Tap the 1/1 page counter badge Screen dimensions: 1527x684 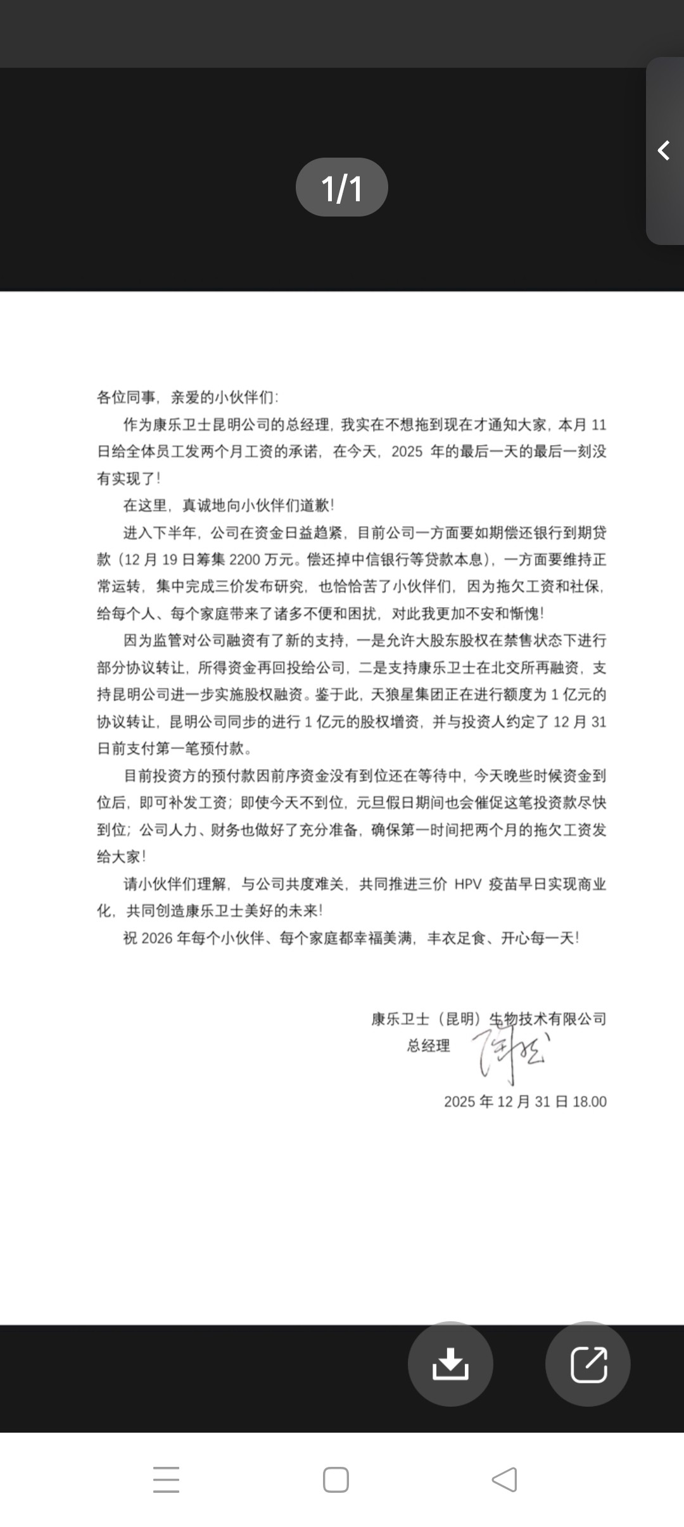341,187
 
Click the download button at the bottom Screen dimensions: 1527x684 450,1364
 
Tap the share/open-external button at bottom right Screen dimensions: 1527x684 588,1364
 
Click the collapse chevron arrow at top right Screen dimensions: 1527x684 664,151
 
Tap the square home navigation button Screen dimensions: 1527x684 336,1480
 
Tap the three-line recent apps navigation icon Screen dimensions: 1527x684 166,1480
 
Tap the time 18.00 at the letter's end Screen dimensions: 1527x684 590,1102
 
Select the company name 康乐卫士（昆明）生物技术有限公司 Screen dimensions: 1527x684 488,1019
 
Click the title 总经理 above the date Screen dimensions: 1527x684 428,1046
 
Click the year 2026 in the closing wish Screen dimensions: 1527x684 157,938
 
